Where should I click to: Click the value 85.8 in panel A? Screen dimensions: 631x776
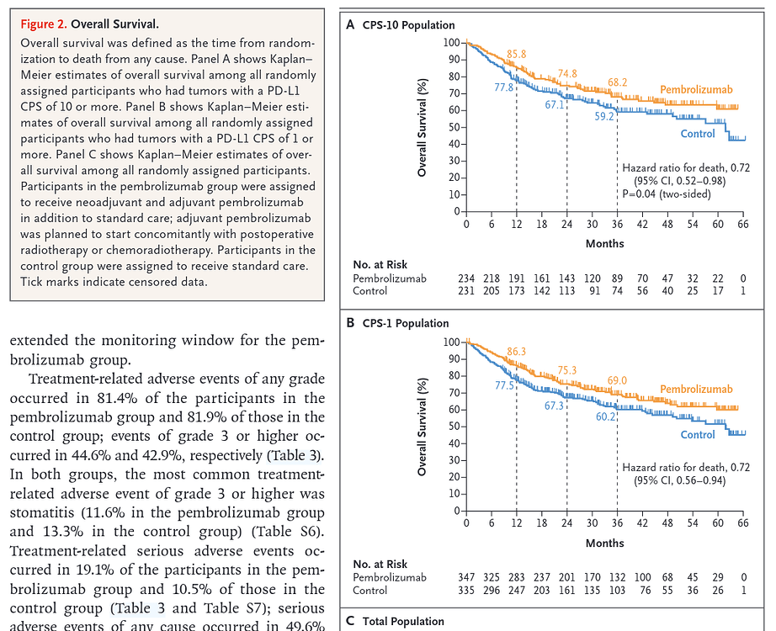point(516,54)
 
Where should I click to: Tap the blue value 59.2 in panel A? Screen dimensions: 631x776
point(605,117)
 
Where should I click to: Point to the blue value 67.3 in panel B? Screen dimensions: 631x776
point(555,406)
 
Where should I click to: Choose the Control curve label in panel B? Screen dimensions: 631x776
point(697,435)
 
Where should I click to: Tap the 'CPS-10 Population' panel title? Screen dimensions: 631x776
point(408,25)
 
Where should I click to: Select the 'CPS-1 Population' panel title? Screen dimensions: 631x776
point(406,323)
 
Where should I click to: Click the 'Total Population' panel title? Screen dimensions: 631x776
point(403,622)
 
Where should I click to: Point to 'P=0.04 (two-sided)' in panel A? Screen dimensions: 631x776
point(665,194)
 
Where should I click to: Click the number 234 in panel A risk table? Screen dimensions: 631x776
point(466,278)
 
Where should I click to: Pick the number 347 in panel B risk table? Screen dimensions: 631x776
point(466,577)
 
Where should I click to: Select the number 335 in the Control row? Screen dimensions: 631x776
point(466,591)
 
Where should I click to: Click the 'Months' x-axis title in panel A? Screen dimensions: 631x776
point(605,243)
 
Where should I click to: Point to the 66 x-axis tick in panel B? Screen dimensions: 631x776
point(743,522)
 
